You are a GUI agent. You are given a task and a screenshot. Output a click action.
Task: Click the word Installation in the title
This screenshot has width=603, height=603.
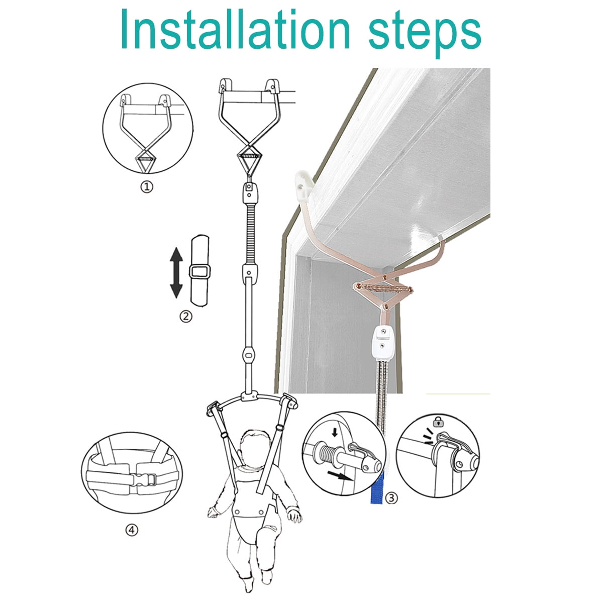(235, 29)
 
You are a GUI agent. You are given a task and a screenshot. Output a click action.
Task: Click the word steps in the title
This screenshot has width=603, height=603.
(425, 34)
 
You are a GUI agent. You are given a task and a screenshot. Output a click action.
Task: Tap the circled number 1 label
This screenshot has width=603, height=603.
(146, 187)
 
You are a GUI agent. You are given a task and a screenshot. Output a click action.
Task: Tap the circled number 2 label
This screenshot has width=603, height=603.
(185, 317)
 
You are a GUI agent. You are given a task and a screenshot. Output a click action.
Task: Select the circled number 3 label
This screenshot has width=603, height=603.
(391, 497)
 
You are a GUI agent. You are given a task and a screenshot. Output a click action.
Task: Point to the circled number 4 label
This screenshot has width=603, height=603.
(132, 530)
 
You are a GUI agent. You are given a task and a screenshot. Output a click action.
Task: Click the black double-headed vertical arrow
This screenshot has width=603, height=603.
(176, 272)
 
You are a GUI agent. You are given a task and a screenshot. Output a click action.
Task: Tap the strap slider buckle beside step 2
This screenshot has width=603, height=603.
(199, 272)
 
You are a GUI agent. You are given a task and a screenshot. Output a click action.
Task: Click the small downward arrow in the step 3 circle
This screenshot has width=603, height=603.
(335, 432)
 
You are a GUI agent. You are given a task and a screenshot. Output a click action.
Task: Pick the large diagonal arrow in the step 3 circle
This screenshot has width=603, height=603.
(341, 476)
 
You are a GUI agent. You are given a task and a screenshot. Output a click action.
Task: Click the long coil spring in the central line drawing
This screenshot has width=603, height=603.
(250, 234)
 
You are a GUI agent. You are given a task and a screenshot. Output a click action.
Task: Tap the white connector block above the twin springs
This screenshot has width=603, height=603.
(383, 343)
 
